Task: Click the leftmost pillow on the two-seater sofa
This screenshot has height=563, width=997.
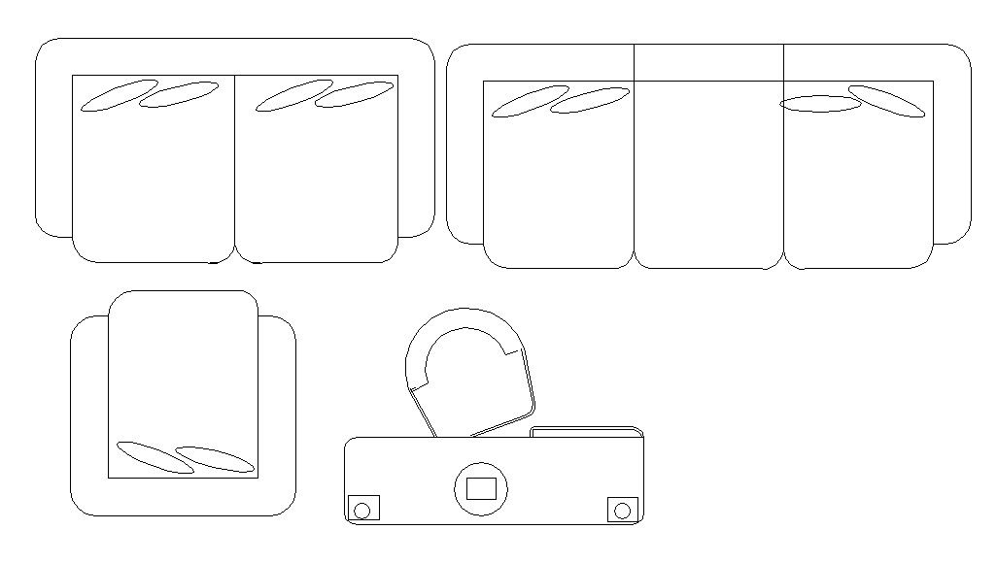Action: pyautogui.click(x=119, y=95)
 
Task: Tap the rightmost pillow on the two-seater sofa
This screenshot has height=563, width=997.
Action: pyautogui.click(x=355, y=94)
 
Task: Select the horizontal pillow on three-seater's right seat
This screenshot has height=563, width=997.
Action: pyautogui.click(x=820, y=104)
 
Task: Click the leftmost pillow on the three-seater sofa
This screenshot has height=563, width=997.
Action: pyautogui.click(x=530, y=101)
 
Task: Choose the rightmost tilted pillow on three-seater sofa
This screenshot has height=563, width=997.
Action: pyautogui.click(x=885, y=101)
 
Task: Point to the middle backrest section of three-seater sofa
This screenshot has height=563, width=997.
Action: pyautogui.click(x=708, y=62)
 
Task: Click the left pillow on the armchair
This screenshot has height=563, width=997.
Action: pyautogui.click(x=155, y=457)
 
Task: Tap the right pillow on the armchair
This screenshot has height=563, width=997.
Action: pyautogui.click(x=215, y=459)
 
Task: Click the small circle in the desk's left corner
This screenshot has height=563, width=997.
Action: pyautogui.click(x=363, y=510)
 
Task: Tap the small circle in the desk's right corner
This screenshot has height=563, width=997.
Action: pyautogui.click(x=622, y=509)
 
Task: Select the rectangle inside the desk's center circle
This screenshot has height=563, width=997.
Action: pyautogui.click(x=481, y=488)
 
